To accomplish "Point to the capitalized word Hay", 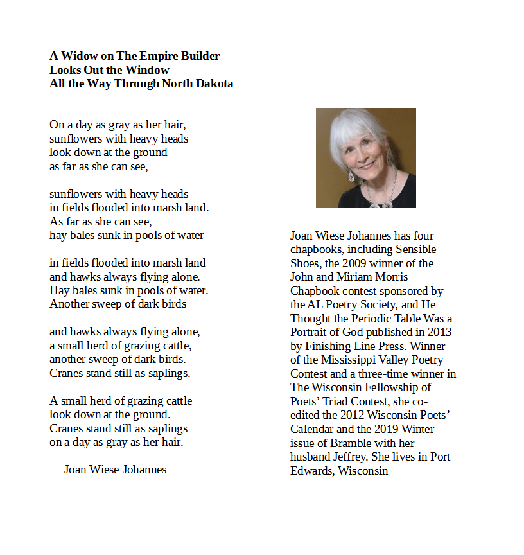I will tap(59, 290).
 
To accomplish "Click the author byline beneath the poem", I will tap(115, 470).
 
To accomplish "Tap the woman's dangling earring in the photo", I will tap(351, 174).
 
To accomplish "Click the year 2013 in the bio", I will tap(438, 332).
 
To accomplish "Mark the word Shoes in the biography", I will tap(305, 263).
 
